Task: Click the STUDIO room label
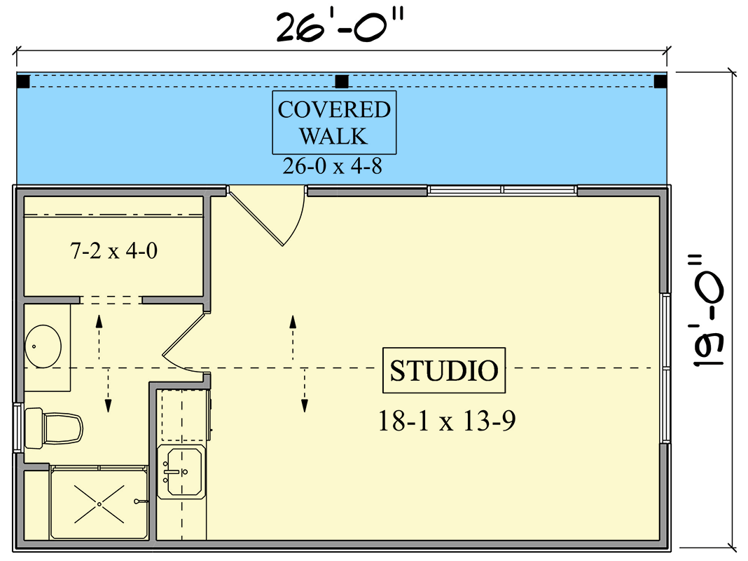pyautogui.click(x=444, y=370)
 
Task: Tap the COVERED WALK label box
pyautogui.click(x=334, y=122)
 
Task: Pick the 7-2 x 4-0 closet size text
pyautogui.click(x=113, y=250)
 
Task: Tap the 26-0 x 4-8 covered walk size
pyautogui.click(x=333, y=166)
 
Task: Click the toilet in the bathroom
pyautogui.click(x=55, y=428)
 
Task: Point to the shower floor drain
pyautogui.click(x=99, y=503)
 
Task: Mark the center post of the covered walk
pyautogui.click(x=342, y=81)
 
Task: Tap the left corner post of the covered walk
pyautogui.click(x=23, y=81)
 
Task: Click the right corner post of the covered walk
pyautogui.click(x=660, y=81)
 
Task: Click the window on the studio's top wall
pyautogui.click(x=502, y=190)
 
